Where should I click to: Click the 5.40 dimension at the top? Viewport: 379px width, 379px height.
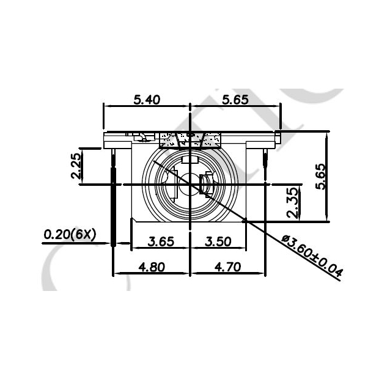point(147,100)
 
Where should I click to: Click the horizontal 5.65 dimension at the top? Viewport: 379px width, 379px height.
point(235,100)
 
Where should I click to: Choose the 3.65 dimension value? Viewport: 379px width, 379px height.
point(161,241)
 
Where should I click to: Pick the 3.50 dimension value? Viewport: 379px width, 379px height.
point(218,241)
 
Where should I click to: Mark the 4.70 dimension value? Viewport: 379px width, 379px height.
point(227,267)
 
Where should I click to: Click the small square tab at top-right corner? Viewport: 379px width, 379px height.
point(278,134)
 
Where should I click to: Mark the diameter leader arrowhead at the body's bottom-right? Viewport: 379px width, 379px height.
point(245,222)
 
